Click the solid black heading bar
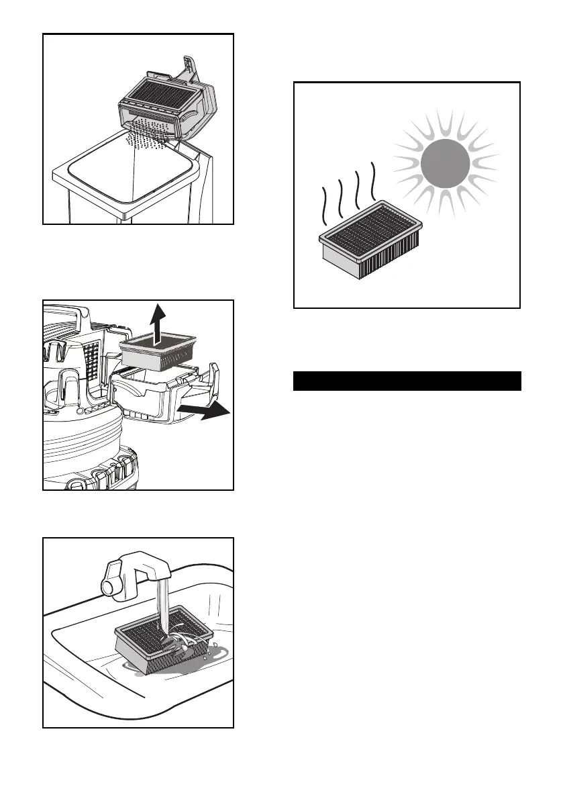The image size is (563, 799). [x=407, y=381]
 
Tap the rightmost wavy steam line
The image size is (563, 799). [x=373, y=181]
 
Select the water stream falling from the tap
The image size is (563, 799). [x=161, y=604]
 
